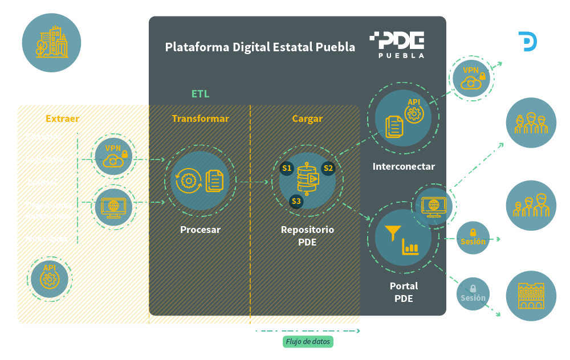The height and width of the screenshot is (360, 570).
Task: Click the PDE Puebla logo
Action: (x=397, y=44)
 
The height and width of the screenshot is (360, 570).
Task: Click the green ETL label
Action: (x=200, y=94)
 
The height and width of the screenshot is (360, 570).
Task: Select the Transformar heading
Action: (x=200, y=118)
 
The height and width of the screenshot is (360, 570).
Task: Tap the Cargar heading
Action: (x=307, y=118)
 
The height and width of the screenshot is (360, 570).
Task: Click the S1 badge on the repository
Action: (x=287, y=168)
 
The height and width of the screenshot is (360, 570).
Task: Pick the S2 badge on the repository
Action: (x=328, y=168)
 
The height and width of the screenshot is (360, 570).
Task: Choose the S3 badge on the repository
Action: (x=296, y=201)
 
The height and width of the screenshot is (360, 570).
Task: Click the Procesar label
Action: (x=200, y=230)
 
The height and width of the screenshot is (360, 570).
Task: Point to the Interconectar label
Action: (x=404, y=167)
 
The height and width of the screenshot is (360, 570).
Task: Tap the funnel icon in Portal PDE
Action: (x=393, y=233)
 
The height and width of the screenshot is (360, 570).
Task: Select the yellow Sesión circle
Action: (x=473, y=237)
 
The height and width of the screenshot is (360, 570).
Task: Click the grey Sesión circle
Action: (x=473, y=293)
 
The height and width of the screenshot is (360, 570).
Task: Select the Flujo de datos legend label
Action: (x=308, y=342)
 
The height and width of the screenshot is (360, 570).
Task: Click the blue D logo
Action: (x=527, y=42)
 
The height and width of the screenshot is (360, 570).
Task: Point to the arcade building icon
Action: (x=531, y=294)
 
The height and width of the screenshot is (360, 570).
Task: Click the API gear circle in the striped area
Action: (x=49, y=279)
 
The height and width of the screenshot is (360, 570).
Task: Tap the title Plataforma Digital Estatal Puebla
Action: (x=260, y=47)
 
